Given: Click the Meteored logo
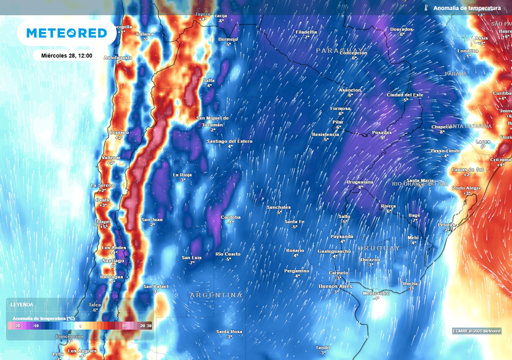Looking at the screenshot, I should [66, 33].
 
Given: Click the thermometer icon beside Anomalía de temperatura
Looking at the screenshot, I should [426, 8].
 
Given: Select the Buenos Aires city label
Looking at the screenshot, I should [335, 286].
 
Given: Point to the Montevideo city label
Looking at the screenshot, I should [375, 293].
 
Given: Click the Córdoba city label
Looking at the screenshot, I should [231, 217].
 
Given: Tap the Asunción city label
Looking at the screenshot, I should [349, 90].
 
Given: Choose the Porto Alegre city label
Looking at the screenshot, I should [466, 188].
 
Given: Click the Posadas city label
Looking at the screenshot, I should [382, 132].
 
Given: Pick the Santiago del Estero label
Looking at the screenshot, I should [230, 141].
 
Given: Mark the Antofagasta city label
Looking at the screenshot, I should [118, 57].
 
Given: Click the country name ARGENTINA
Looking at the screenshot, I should [216, 295].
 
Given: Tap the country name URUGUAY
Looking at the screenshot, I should [379, 248].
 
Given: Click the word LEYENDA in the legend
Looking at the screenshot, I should [22, 304].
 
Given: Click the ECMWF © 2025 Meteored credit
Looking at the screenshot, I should [476, 331].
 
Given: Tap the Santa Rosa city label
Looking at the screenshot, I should [229, 331].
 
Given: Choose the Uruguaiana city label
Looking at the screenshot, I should [360, 182].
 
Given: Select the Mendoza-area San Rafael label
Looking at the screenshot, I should [155, 286].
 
